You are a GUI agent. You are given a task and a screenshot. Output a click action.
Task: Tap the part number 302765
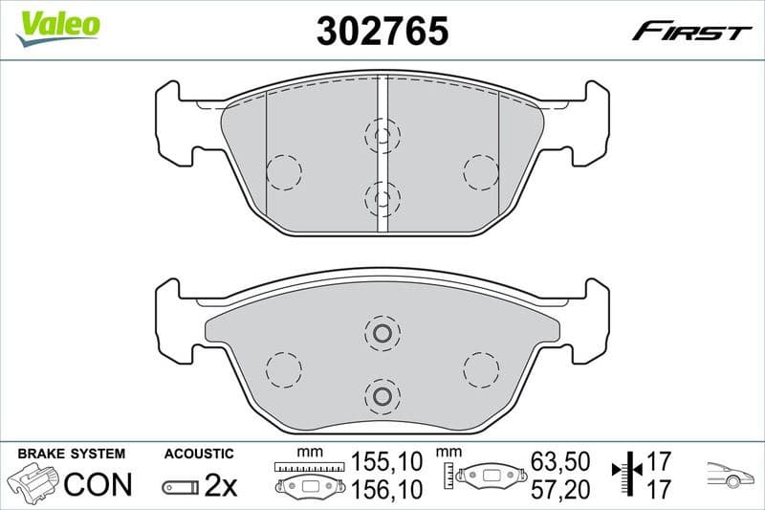tap(382, 32)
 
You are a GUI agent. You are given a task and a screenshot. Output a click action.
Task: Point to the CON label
tap(98, 484)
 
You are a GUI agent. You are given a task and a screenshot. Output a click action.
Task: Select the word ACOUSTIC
tap(199, 454)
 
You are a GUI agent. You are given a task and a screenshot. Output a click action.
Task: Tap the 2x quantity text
tap(220, 486)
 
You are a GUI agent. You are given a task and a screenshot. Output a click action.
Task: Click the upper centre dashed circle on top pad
tap(382, 136)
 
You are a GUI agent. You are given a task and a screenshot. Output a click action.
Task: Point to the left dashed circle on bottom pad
tap(283, 368)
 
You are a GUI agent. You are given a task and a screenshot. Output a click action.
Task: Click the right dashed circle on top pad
tap(480, 172)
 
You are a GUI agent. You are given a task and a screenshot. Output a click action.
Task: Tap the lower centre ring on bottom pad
tap(382, 396)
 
